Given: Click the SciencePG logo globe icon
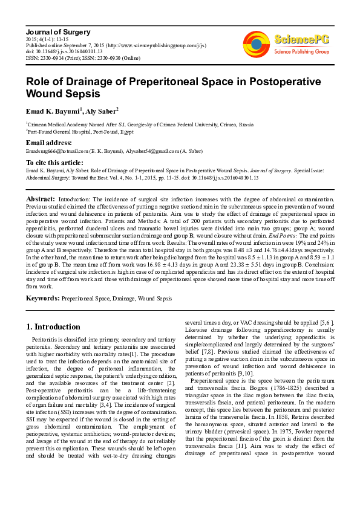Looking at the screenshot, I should click(256, 43).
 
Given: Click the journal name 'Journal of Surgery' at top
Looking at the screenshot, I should click(57, 31).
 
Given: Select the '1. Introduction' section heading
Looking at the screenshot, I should click(53, 327).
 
